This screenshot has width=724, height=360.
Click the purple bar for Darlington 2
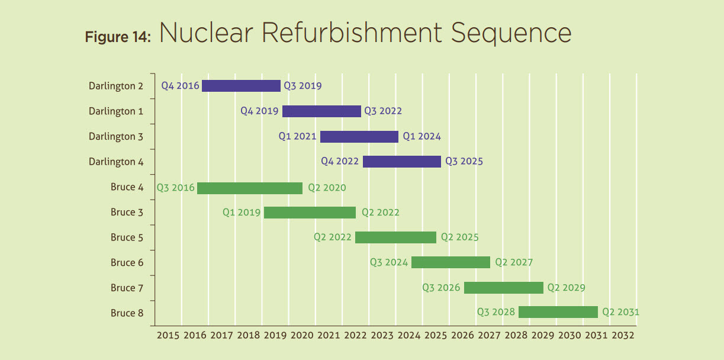pos(241,86)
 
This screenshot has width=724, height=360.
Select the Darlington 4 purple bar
pos(402,162)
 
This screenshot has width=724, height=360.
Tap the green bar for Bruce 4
pos(250,188)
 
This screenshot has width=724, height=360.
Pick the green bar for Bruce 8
pos(558,312)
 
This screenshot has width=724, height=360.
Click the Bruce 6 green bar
pos(451,262)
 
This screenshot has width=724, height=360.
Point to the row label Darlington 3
pos(116,137)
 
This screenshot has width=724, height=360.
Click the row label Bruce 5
pos(127,237)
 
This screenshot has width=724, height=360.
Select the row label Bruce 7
pos(127,288)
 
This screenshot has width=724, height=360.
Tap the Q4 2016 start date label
pos(181,86)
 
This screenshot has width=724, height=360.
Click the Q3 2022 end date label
pos(383,111)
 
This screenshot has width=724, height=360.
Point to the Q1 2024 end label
pos(422,137)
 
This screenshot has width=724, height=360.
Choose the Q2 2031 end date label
pos(621,312)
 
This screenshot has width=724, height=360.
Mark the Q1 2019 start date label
pos(242,213)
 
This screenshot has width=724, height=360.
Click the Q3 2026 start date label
pos(441,288)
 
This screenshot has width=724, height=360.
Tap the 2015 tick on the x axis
pos(168,335)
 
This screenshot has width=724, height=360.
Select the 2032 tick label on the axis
pos(623,335)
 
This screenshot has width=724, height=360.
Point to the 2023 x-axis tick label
pos(382,335)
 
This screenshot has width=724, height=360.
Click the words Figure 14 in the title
pos(118,37)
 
